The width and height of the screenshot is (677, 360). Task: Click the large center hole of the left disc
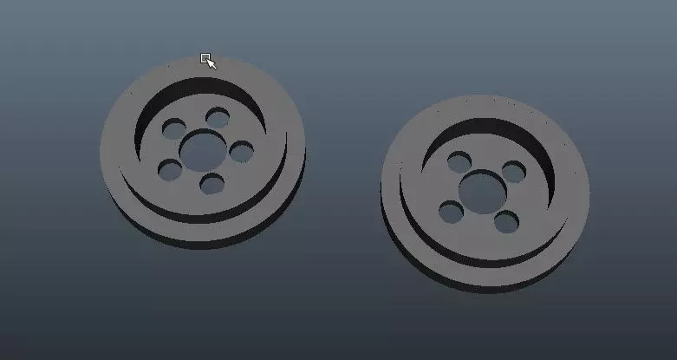(202, 149)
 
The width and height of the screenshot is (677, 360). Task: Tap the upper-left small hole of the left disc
(174, 128)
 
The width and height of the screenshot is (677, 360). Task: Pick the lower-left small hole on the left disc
(171, 169)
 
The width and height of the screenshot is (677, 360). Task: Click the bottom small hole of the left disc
(212, 183)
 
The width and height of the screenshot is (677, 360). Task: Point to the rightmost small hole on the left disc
(242, 152)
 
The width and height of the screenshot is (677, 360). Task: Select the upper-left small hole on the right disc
(459, 161)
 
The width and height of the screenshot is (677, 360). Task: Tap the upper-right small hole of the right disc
(514, 171)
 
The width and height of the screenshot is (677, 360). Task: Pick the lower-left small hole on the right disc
(451, 211)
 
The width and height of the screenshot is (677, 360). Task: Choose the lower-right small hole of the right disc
(506, 221)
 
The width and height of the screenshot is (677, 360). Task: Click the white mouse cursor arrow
(211, 63)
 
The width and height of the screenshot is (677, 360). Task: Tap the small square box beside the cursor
(205, 58)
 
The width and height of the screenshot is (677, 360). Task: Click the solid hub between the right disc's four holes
(481, 221)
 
